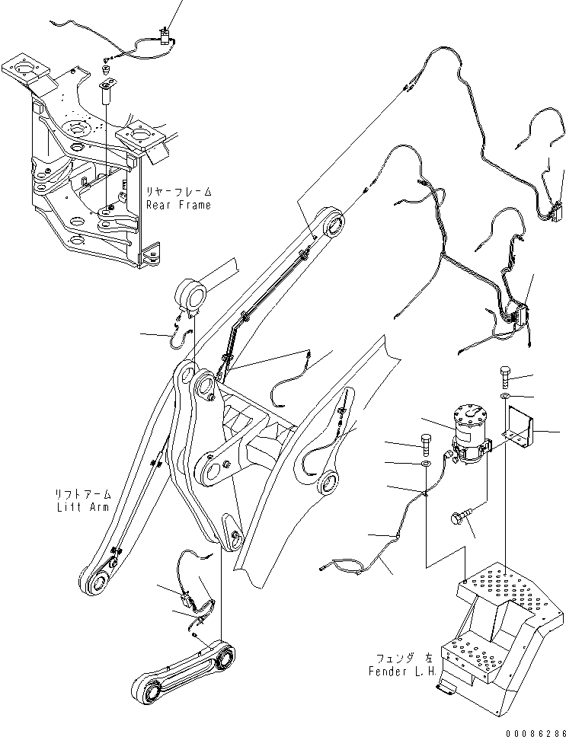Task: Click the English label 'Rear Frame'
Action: coord(178,206)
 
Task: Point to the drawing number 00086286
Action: coord(536,732)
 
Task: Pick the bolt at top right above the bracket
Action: coord(506,375)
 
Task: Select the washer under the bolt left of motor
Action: coord(427,465)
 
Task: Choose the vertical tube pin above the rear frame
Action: coord(107,96)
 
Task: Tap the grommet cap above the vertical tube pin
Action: coord(105,71)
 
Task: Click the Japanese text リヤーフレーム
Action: coord(178,192)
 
